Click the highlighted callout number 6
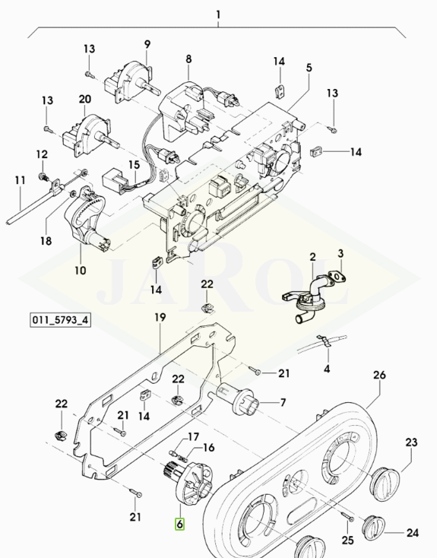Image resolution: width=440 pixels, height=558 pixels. [179, 525]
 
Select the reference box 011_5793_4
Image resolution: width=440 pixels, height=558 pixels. [60, 320]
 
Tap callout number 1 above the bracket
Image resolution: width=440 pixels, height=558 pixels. [218, 15]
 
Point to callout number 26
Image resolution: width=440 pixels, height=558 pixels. [379, 375]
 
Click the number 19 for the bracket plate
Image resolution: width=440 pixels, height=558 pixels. [160, 317]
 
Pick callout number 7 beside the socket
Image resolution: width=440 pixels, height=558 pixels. [283, 402]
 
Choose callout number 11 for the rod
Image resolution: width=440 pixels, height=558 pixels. [20, 180]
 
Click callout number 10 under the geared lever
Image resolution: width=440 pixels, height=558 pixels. [81, 271]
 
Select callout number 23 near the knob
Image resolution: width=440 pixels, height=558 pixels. [411, 442]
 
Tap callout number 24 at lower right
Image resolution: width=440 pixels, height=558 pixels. [413, 533]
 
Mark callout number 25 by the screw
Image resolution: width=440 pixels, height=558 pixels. [347, 540]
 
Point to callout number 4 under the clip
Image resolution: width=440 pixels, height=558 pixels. [327, 368]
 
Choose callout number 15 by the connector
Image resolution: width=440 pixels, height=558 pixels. [134, 165]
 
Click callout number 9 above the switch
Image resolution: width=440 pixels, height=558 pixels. [147, 45]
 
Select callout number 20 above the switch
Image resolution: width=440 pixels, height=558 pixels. [84, 99]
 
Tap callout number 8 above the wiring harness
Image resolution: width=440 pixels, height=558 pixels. [188, 59]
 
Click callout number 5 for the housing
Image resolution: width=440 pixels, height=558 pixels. [309, 68]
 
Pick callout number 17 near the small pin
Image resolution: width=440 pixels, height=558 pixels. [194, 436]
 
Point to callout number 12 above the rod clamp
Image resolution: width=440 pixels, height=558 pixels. [42, 154]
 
